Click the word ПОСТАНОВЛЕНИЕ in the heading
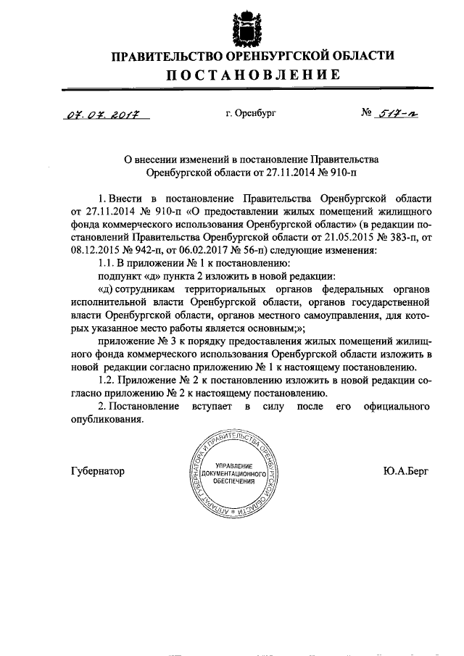pos(252,75)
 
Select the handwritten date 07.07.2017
pos(101,115)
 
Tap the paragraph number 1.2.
pos(107,380)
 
